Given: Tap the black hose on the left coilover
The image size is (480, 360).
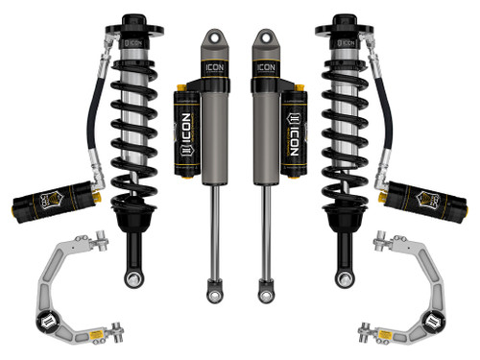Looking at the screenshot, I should (x=95, y=125).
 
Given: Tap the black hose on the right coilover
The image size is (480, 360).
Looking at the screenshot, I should (x=385, y=125).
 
